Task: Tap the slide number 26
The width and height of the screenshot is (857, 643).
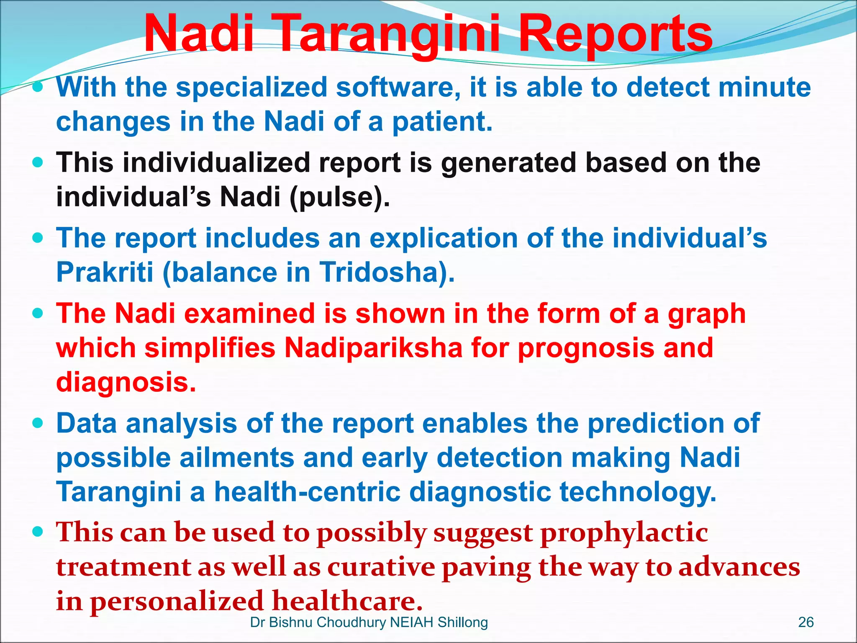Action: pyautogui.click(x=806, y=622)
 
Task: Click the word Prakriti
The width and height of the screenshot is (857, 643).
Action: pyautogui.click(x=105, y=272)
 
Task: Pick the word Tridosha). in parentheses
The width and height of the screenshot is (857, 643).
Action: pyautogui.click(x=387, y=272)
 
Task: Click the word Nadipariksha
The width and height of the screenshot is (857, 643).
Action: pyautogui.click(x=373, y=348)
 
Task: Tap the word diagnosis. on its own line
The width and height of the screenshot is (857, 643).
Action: pyautogui.click(x=126, y=382)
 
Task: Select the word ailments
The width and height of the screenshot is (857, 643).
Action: pyautogui.click(x=237, y=458)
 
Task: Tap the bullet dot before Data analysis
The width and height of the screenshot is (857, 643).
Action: pyautogui.click(x=38, y=423)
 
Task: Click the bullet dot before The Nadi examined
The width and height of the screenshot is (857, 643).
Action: pyautogui.click(x=38, y=314)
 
